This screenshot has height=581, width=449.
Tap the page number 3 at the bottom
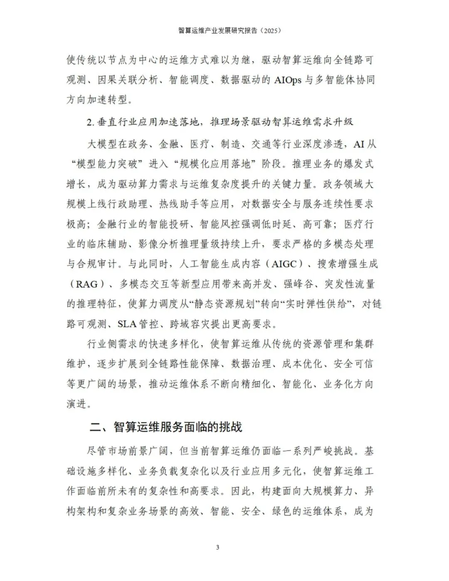click(x=217, y=547)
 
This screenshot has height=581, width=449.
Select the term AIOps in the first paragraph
click(x=288, y=80)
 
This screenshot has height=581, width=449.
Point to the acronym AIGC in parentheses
click(x=289, y=264)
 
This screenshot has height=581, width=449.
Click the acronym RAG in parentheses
click(x=86, y=284)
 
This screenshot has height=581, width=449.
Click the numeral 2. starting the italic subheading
click(x=91, y=122)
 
